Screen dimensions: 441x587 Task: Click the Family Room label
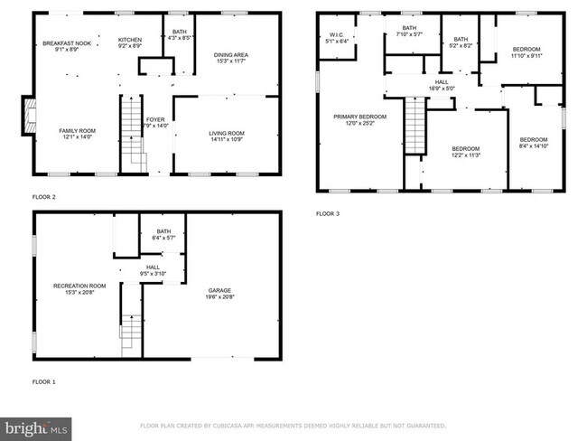click(78, 134)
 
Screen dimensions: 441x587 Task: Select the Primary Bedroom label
click(359, 120)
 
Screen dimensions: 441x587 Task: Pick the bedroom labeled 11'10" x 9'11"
click(526, 52)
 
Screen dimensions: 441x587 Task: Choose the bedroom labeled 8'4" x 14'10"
click(533, 142)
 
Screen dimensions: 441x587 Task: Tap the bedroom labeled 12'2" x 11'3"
click(465, 151)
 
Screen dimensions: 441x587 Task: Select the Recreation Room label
click(79, 289)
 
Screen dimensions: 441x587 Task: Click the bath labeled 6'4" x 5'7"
click(163, 235)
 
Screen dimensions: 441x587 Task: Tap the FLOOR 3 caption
click(327, 214)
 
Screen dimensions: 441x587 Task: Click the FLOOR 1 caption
click(43, 381)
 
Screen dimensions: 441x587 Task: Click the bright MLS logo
click(36, 426)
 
